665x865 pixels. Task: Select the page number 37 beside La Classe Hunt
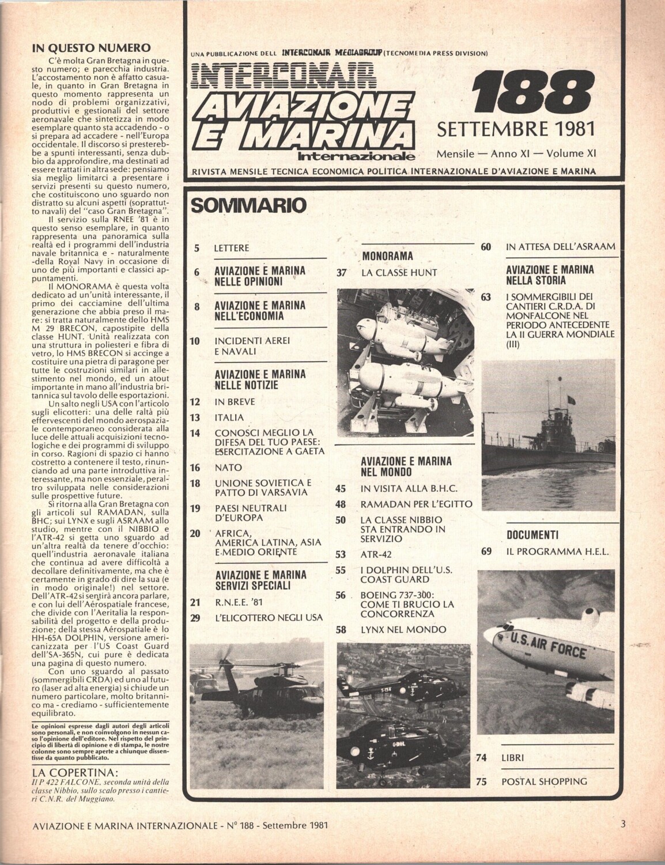point(341,273)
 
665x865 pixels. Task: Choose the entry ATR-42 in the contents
point(377,555)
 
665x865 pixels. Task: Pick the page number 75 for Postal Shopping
point(483,781)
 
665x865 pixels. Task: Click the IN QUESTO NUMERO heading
point(91,48)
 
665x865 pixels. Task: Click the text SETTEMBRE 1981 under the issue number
point(516,127)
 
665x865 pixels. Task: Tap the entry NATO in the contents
point(228,467)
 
